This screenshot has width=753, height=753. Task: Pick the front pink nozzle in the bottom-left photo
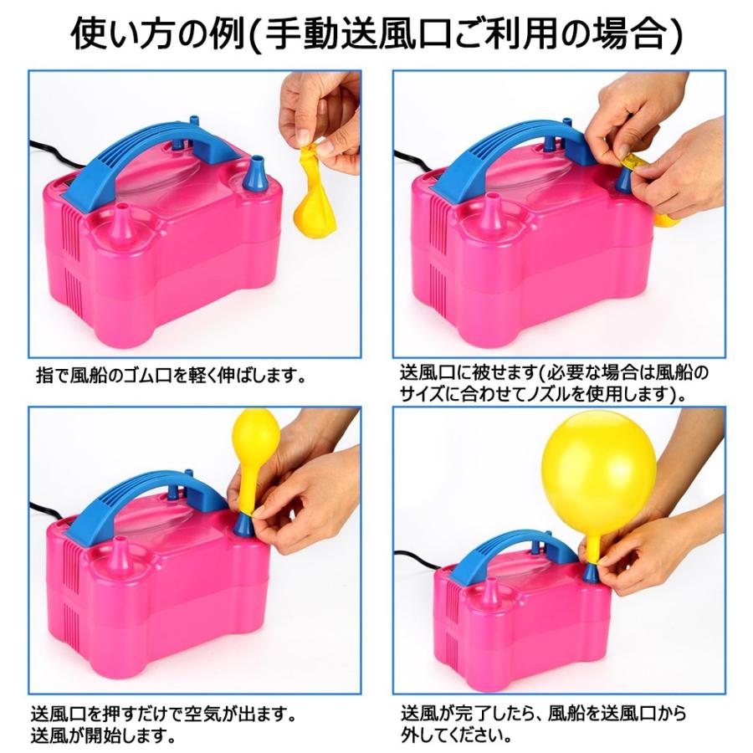click(x=122, y=557)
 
